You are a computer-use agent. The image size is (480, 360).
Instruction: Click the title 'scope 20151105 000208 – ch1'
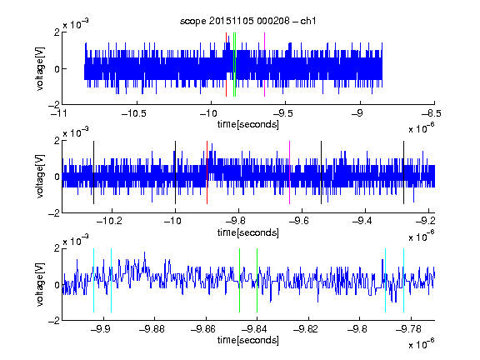(x=248, y=21)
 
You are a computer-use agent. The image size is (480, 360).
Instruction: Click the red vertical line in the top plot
(x=226, y=65)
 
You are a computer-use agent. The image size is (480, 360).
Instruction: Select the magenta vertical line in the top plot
(x=264, y=65)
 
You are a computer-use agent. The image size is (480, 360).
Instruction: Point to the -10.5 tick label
(x=134, y=114)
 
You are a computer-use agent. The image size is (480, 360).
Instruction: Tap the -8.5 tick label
(x=432, y=114)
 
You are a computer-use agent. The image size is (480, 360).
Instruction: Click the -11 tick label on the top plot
(x=59, y=114)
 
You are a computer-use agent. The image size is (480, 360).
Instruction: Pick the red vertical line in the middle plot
(x=207, y=172)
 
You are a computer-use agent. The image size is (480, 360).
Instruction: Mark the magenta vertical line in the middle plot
(x=290, y=172)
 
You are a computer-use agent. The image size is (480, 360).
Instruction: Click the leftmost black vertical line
(x=93, y=172)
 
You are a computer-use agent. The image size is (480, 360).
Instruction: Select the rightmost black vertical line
(x=403, y=172)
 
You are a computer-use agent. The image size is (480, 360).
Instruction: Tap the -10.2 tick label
(x=109, y=221)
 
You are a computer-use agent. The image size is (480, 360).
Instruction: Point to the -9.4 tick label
(x=362, y=221)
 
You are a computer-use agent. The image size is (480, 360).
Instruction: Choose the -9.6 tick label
(x=299, y=221)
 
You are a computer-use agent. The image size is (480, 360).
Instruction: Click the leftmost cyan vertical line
(x=93, y=280)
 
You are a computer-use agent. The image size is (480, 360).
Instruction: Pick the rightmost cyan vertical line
(x=403, y=280)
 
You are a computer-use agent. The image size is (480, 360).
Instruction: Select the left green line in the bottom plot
(x=239, y=280)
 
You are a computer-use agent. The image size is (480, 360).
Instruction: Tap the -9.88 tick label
(x=152, y=329)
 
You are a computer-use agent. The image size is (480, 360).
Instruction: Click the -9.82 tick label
(x=306, y=329)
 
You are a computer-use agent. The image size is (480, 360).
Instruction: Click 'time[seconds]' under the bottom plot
(x=248, y=340)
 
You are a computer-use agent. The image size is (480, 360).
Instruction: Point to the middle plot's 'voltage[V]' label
(x=40, y=177)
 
